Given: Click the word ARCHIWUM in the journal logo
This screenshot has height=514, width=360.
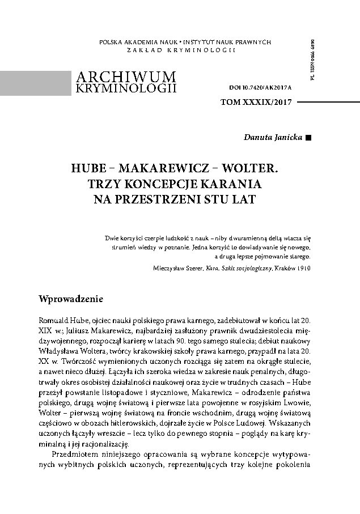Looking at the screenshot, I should pos(125,77).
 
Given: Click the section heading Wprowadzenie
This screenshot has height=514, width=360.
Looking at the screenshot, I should pos(71,299).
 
